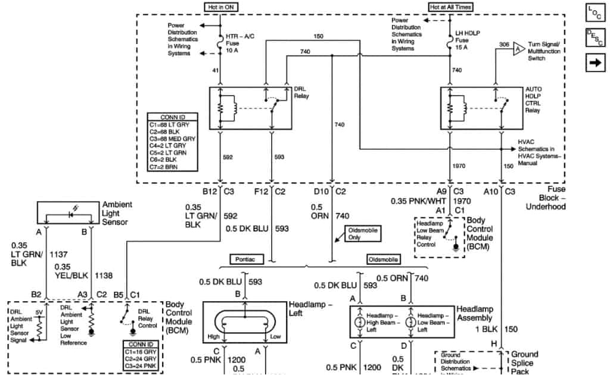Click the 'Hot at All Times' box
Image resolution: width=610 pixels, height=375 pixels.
(x=451, y=6)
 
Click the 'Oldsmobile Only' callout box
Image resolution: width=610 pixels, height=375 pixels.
(x=362, y=233)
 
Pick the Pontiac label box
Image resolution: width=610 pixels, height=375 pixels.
(x=245, y=260)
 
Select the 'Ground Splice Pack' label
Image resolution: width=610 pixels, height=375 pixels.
(x=524, y=362)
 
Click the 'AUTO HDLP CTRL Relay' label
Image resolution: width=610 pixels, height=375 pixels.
(x=534, y=99)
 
